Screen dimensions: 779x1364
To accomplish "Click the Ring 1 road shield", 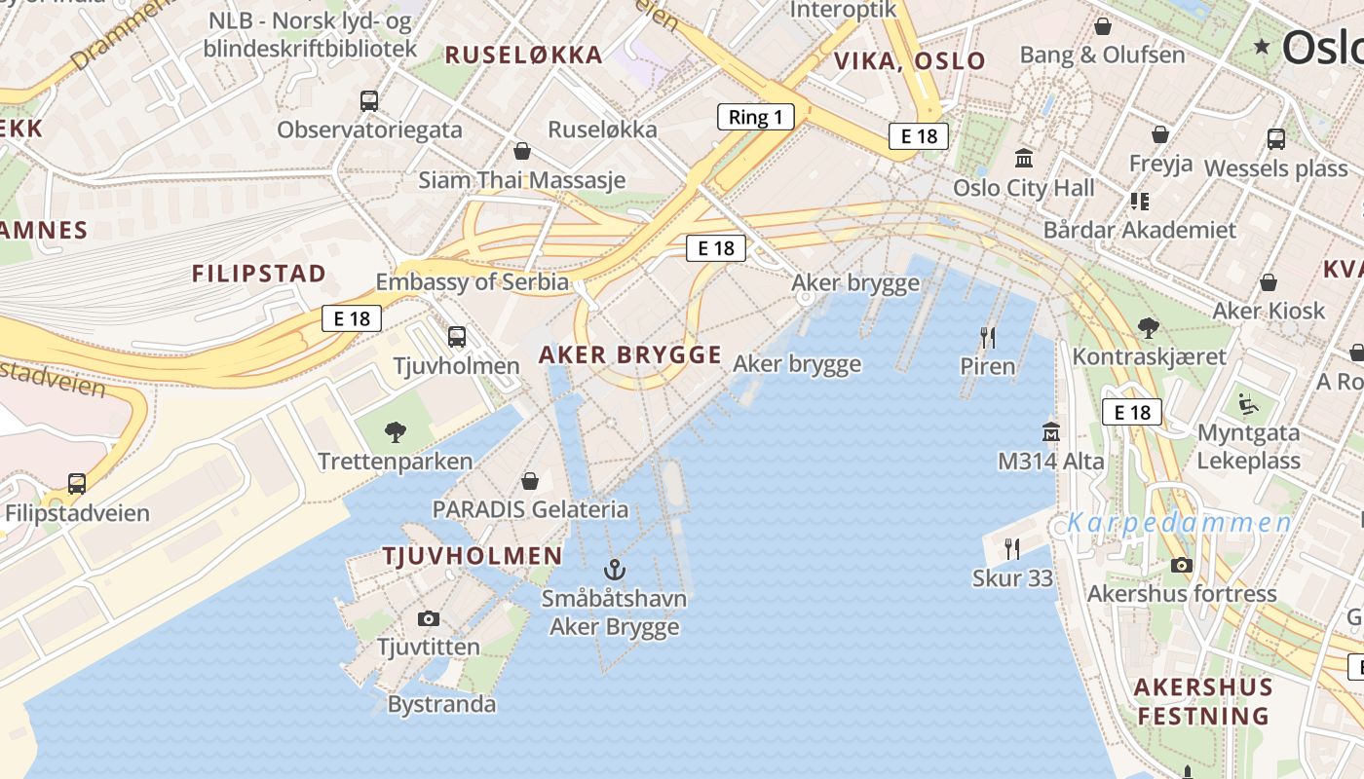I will pos(755,118).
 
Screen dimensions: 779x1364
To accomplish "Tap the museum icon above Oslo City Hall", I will pos(1024,158).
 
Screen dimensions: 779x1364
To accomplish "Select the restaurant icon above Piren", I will pos(988,338).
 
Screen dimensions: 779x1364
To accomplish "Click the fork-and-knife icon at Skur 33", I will pos(1012,549).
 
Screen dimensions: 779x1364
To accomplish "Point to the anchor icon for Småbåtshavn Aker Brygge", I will pos(614,570).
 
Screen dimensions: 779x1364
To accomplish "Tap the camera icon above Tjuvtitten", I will pos(428,618).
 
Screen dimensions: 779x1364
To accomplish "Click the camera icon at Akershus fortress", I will pos(1181,565).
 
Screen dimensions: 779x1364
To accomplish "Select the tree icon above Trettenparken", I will pos(396,431).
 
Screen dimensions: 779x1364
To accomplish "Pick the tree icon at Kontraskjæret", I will pos(1149,327).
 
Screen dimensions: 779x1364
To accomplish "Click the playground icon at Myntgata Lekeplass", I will pos(1246,403).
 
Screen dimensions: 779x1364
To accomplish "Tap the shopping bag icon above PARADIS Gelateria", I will pos(530,481).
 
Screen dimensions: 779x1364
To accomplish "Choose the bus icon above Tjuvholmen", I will pos(457,337).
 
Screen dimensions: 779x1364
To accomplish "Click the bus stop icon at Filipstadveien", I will pos(77,483).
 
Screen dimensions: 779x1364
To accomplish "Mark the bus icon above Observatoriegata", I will pos(369,100).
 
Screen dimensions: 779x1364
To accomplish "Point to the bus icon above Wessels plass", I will pos(1275,139).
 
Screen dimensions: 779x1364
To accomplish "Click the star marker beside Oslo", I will pos(1263,46).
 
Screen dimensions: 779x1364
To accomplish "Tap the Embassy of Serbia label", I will pos(473,282).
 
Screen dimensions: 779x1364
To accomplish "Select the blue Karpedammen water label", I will pos(1179,523).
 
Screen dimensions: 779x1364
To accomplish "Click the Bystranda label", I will pos(441,704).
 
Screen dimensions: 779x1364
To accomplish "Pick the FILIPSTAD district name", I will pos(258,274).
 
